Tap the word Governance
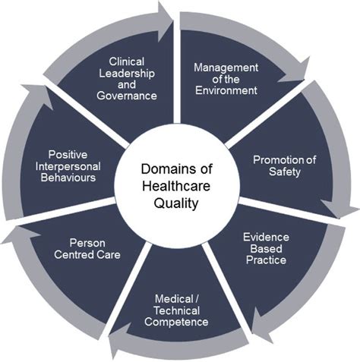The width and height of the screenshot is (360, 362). [x=127, y=96]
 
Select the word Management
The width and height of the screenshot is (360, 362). [x=226, y=66]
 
